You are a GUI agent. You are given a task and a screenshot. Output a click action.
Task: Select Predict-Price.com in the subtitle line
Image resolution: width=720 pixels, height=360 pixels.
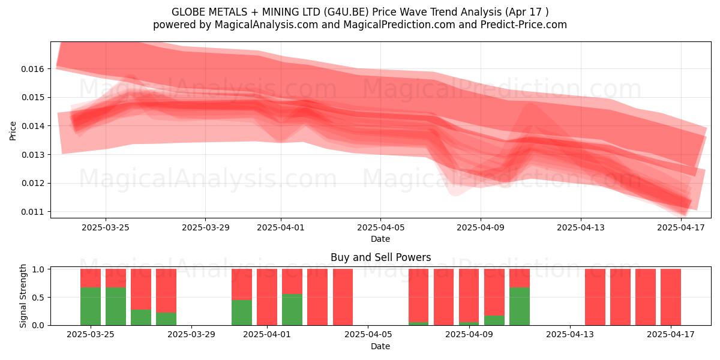point(524,25)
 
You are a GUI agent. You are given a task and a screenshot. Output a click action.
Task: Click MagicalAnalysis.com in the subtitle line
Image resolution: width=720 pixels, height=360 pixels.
point(266,25)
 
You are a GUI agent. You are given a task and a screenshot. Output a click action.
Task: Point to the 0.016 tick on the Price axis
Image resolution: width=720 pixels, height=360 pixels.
point(32,69)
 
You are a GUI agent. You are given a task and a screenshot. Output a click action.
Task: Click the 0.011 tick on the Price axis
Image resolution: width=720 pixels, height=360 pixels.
point(32,212)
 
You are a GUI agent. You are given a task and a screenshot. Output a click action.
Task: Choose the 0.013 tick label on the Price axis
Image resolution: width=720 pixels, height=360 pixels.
point(32,155)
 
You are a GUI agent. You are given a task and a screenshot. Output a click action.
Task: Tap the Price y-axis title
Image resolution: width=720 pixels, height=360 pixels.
point(13,131)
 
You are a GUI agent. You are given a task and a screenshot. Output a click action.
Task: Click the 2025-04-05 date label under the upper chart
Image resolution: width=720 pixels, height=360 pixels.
point(380,227)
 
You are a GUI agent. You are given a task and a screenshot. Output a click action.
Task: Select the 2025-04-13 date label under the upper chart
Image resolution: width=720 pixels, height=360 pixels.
point(581,227)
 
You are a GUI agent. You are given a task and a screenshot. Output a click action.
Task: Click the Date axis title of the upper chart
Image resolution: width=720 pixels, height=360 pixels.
point(380,239)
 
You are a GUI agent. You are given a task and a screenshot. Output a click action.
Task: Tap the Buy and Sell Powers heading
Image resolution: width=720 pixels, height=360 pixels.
point(380,257)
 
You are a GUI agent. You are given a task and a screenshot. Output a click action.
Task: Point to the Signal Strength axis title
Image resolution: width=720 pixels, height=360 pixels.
point(23,296)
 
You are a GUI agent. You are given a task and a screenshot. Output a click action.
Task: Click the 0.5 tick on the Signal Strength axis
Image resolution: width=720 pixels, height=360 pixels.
point(38,298)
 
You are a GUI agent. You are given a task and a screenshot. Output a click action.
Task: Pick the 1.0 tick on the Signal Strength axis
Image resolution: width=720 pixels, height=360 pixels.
point(38,269)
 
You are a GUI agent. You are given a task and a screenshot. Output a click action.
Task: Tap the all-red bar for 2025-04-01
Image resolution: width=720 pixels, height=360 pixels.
point(267,297)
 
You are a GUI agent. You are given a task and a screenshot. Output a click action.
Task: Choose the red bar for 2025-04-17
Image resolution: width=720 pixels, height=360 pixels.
point(671,297)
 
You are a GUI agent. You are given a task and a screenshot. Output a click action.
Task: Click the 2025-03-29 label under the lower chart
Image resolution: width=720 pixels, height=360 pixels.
point(191,335)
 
